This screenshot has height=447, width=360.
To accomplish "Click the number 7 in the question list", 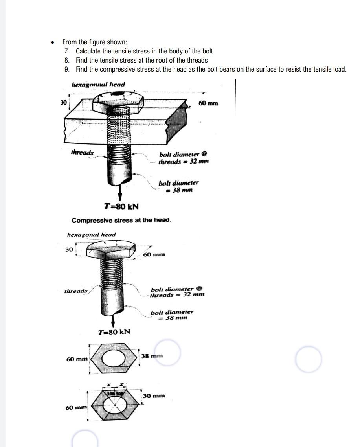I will click(66, 51).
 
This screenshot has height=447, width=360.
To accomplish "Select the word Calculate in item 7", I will click(89, 51).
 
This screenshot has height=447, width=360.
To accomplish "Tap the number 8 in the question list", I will click(66, 60).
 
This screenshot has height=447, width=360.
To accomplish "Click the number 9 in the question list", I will click(66, 69).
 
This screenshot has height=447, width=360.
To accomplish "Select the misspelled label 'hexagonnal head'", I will click(98, 85).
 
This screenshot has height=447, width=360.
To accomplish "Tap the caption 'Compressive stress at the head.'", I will click(121, 220).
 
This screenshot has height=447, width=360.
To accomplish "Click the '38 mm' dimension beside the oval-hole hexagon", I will click(152, 356).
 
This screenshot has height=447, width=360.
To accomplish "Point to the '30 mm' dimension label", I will click(154, 396).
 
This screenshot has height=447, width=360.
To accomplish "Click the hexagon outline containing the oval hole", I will click(114, 357).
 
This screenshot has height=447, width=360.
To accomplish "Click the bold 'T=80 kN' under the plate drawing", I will click(121, 206).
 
